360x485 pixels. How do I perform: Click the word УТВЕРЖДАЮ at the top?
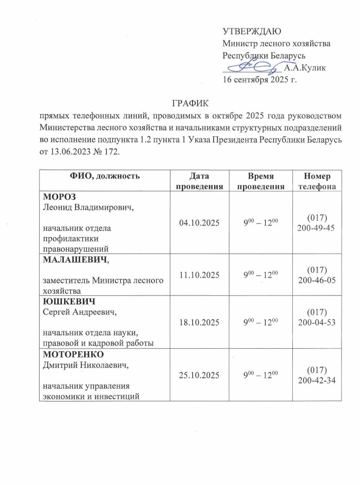[x=252, y=32]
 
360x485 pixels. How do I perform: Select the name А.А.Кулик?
[x=304, y=69]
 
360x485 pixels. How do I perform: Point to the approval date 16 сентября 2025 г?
[x=260, y=81]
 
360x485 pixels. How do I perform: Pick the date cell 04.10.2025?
[x=201, y=223]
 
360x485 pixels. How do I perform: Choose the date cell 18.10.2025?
[x=201, y=322]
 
